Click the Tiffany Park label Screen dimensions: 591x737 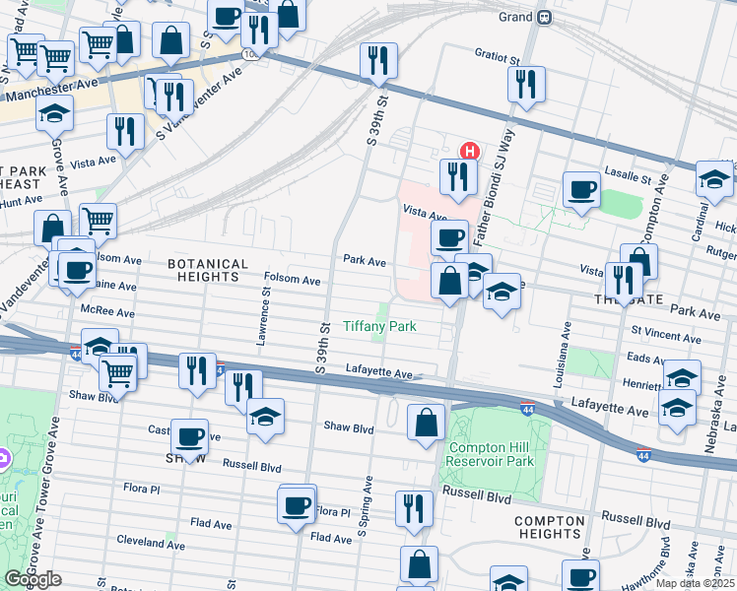379,326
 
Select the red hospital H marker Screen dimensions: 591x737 471,152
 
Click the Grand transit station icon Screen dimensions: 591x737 543,18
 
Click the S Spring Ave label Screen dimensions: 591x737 365,507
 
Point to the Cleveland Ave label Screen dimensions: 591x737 152,541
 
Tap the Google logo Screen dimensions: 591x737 33,579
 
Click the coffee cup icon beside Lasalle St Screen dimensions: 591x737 580,189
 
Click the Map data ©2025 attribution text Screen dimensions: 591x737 696,583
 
